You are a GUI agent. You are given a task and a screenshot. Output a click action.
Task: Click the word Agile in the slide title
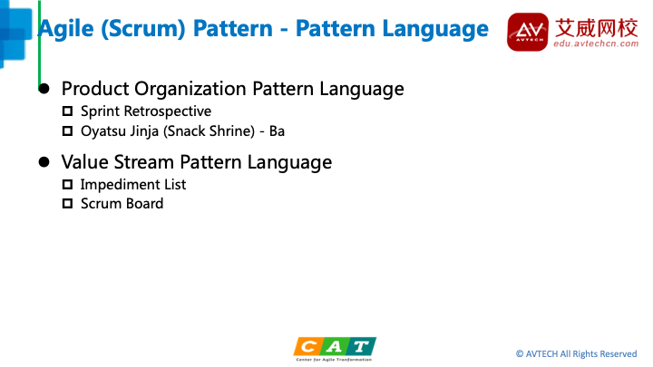66,30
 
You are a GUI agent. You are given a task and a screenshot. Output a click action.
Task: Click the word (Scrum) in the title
143,29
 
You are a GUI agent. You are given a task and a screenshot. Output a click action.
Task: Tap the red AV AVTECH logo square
528,32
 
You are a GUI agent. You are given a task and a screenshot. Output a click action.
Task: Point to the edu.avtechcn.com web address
596,43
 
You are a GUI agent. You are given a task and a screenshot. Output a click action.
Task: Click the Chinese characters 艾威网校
596,28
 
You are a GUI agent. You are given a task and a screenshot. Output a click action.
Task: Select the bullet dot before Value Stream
44,162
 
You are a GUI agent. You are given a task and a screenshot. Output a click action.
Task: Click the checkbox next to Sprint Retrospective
67,111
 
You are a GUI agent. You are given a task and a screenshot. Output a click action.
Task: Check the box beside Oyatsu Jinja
67,131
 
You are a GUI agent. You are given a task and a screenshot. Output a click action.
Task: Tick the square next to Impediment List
67,184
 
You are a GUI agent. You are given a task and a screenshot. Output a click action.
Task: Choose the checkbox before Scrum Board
67,204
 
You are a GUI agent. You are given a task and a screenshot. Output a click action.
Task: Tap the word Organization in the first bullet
190,89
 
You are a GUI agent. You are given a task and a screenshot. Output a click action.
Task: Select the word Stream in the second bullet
143,162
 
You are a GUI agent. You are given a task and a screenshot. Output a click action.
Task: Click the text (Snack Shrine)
209,131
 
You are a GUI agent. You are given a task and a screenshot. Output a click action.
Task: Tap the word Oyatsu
99,131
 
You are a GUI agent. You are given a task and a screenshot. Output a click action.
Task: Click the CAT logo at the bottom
335,349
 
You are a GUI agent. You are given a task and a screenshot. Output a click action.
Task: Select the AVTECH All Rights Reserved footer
577,354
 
